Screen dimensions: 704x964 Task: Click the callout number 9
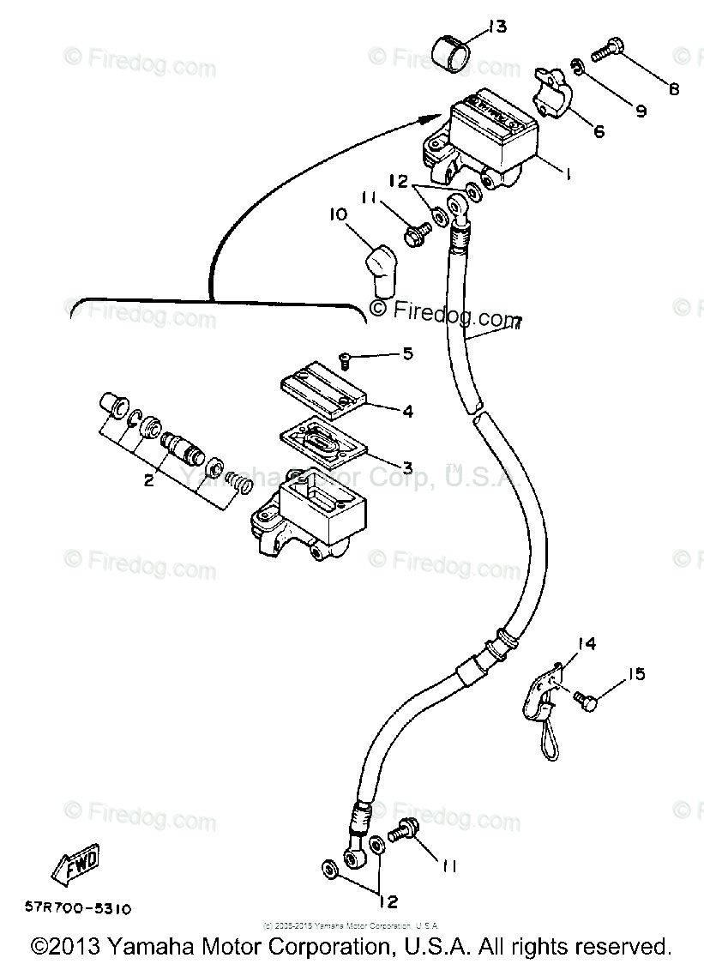point(640,111)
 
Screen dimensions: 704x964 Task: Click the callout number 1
point(567,172)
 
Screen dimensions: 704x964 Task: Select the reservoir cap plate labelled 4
point(324,386)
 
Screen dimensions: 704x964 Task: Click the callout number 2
point(148,481)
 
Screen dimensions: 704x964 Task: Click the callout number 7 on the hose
point(515,322)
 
